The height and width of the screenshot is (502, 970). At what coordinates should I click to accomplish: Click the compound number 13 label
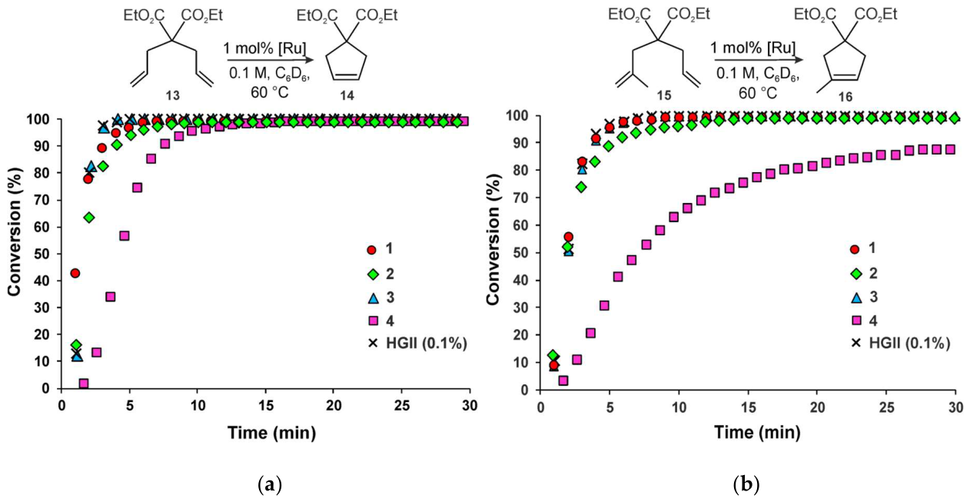pos(172,95)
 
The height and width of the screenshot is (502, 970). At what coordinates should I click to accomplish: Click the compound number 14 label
pos(347,95)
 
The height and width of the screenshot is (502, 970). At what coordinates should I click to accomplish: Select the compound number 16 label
pos(845,97)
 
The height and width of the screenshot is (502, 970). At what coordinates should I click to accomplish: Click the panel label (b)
pos(746,484)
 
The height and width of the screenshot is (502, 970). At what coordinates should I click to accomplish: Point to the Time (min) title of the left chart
pos(271,433)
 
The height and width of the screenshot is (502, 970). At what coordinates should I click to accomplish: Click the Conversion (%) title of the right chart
pos(493,239)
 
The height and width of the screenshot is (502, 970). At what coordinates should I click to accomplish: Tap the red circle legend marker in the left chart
pos(372,250)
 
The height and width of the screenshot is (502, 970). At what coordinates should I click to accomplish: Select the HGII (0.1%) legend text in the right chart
pos(909,343)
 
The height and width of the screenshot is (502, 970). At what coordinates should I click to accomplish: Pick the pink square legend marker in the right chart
pos(855,321)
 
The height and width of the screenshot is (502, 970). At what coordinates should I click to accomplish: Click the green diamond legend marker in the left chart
pos(372,274)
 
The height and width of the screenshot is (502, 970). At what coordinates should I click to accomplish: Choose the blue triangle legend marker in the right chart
pos(855,298)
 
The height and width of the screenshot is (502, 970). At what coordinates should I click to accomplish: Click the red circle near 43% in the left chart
pos(75,273)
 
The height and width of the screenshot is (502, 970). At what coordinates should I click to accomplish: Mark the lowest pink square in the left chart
pos(84,384)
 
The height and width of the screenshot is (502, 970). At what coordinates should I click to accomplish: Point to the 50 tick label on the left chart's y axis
pos(43,254)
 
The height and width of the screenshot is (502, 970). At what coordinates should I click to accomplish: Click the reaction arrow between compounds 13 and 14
pos(269,59)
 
